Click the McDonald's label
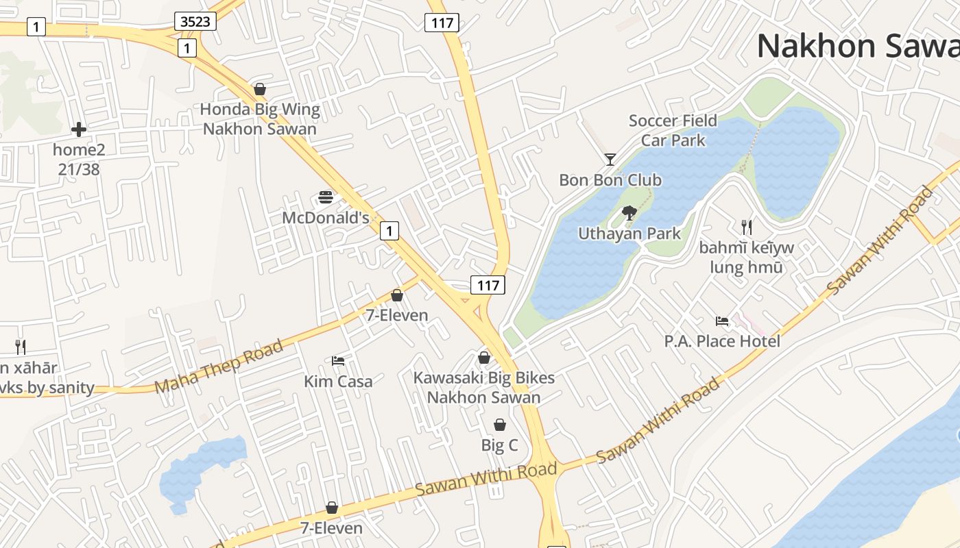point(326,218)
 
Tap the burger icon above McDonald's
point(326,198)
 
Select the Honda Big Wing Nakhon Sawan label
point(260,119)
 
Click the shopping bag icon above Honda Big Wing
point(260,89)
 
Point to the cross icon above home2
point(79,129)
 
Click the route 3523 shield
point(195,22)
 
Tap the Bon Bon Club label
point(610,180)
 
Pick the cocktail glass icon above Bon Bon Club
point(610,160)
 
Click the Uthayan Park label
point(629,234)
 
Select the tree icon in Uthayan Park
point(629,213)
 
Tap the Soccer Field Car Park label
point(673,131)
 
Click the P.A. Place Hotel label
point(722,340)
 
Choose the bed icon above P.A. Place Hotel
point(722,321)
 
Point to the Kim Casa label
point(338,381)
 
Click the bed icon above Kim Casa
point(338,360)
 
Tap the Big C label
point(499,445)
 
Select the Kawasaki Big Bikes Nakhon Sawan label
point(484,387)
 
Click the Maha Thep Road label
point(219,366)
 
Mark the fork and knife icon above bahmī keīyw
point(747,227)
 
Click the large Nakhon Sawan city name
point(857,47)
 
